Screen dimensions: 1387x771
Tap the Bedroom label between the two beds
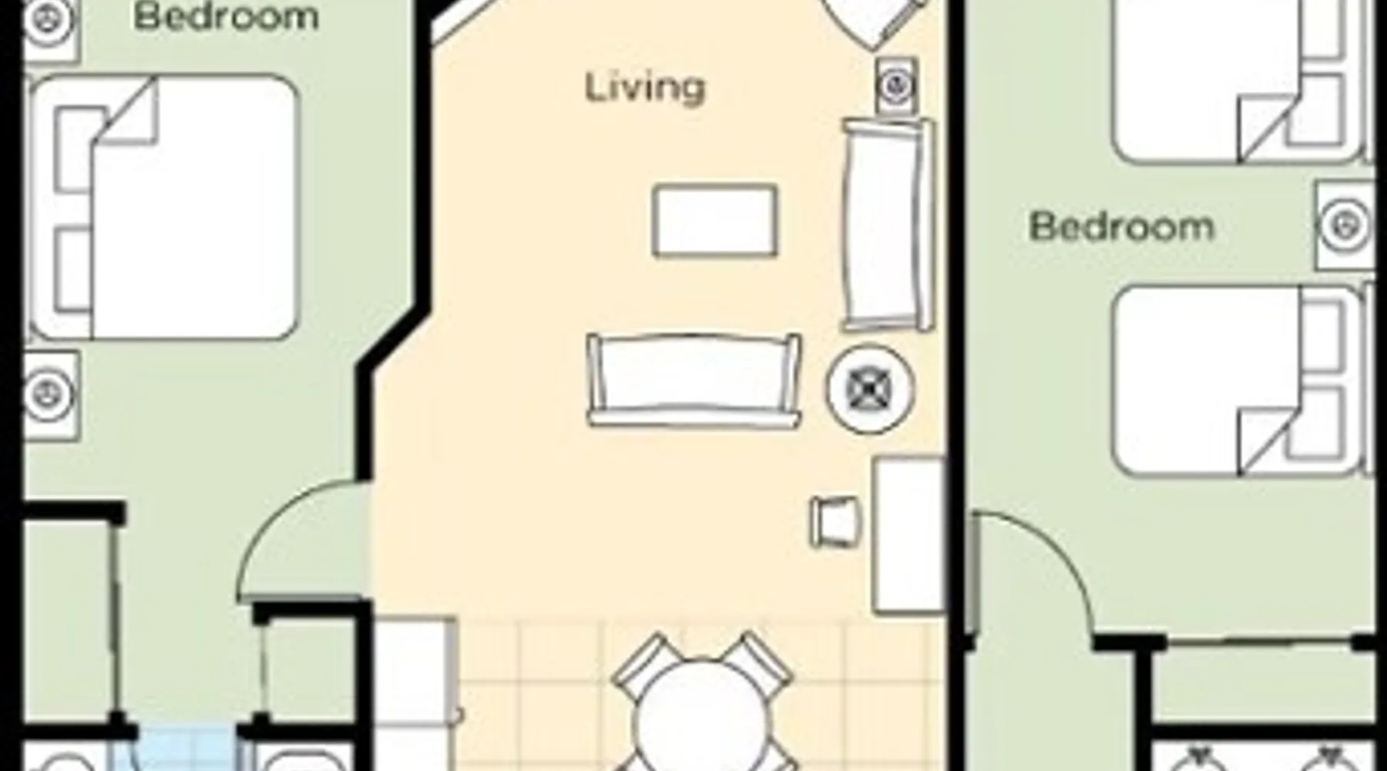1121,227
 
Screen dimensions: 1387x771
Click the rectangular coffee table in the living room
714,221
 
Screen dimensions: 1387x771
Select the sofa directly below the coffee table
693,381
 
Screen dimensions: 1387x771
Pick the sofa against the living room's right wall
888,224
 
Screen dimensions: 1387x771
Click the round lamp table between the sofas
870,389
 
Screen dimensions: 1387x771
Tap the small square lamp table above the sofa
897,85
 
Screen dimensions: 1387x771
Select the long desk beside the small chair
908,535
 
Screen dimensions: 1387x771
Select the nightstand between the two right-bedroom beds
1345,226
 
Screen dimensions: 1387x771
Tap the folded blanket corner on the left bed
127,112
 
